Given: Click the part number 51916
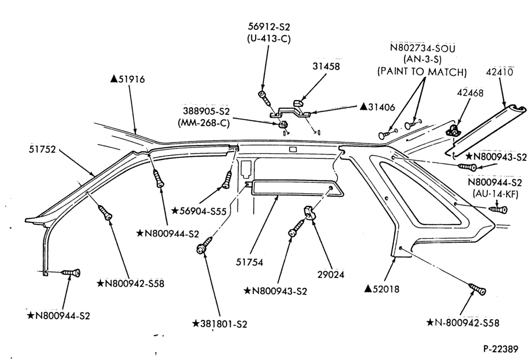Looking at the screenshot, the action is [x=132, y=79].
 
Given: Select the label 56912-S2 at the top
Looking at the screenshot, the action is [x=269, y=26].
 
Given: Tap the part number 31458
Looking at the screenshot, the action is [x=326, y=66].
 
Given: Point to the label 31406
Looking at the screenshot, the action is [x=381, y=107].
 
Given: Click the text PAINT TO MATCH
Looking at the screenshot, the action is [x=422, y=71].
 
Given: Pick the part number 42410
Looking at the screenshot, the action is [x=500, y=72].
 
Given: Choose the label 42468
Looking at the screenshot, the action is [x=470, y=93].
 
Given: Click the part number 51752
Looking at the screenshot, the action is [x=42, y=149].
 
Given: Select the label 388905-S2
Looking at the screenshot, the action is [x=206, y=111].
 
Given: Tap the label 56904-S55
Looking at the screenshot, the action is [x=203, y=211].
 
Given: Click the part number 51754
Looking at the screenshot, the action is [x=250, y=262].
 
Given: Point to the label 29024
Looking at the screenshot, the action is [x=331, y=275].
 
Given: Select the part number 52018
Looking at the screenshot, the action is [x=386, y=289].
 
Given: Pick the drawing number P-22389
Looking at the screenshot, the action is [x=500, y=349].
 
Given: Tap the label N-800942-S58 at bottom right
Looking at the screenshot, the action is [x=467, y=323].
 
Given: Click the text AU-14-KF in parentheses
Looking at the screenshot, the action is [x=495, y=194].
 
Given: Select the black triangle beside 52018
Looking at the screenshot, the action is [x=368, y=289].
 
